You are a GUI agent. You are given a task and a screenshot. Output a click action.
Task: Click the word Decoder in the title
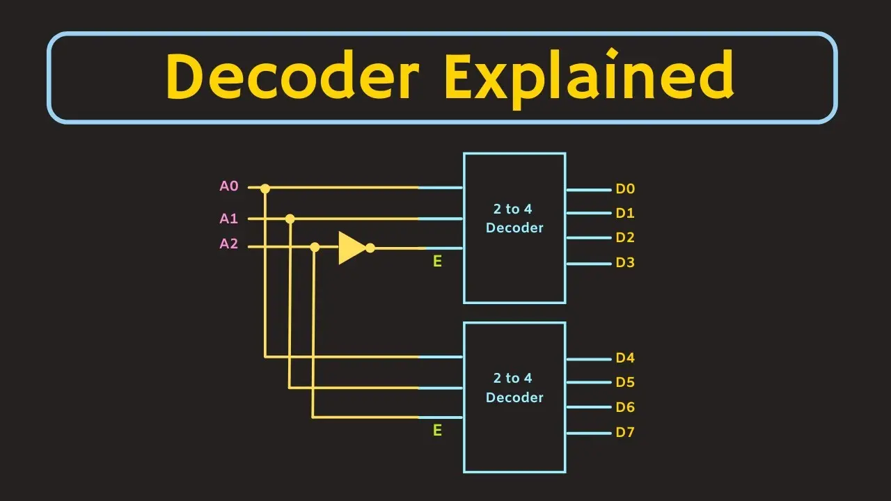click(x=292, y=75)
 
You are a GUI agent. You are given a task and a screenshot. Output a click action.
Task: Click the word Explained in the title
click(x=590, y=78)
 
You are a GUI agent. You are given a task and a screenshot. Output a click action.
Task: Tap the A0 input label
click(x=229, y=186)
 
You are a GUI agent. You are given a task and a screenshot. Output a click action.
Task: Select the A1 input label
click(x=229, y=218)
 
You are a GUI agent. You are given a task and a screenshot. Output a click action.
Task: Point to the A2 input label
click(x=229, y=244)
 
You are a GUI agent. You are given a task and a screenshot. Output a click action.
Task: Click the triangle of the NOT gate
click(x=351, y=248)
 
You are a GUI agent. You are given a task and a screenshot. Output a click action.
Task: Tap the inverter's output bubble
click(x=370, y=248)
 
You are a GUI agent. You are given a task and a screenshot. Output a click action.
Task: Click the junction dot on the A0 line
click(x=265, y=189)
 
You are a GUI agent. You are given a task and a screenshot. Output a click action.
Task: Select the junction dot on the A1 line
click(x=290, y=218)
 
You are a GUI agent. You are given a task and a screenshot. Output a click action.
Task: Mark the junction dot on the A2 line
click(x=315, y=247)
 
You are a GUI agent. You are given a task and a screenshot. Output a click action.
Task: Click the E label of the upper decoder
click(x=437, y=261)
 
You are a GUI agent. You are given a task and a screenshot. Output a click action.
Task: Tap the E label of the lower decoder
click(x=437, y=430)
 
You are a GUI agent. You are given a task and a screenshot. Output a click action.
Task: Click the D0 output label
click(x=625, y=189)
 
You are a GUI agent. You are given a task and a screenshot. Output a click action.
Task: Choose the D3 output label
click(x=625, y=262)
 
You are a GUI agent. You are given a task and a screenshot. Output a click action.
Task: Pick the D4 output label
click(x=625, y=358)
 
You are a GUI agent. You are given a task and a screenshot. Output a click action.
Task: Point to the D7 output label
click(x=625, y=432)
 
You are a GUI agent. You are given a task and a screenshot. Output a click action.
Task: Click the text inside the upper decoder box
click(x=514, y=218)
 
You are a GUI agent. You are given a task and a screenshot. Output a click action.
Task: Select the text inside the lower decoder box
click(x=514, y=388)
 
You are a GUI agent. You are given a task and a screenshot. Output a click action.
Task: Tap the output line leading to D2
click(x=589, y=238)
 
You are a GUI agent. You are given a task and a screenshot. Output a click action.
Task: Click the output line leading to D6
click(x=589, y=407)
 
